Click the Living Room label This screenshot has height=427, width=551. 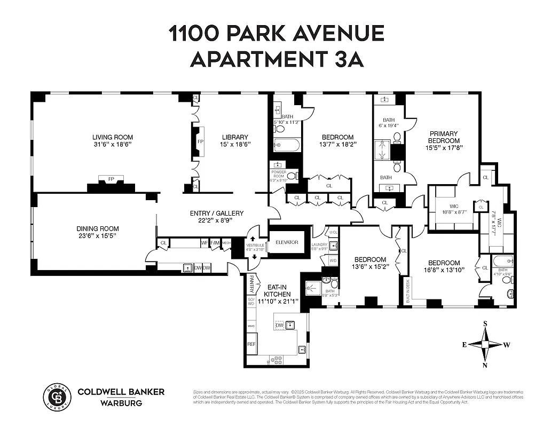[112, 137]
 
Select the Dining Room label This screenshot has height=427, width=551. [97, 228]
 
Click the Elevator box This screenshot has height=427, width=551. [287, 242]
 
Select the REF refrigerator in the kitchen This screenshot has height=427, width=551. [251, 344]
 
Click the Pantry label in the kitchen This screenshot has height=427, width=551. [250, 284]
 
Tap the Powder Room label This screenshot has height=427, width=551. [279, 174]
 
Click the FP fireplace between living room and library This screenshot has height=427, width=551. [200, 142]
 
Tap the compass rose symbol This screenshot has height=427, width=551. [485, 344]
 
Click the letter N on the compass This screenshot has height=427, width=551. [485, 366]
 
